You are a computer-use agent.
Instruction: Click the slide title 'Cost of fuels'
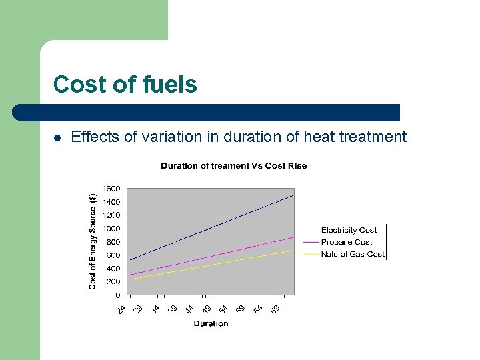(x=125, y=85)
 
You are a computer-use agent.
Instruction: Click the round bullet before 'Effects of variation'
(x=57, y=138)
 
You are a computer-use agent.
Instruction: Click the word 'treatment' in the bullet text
(x=373, y=137)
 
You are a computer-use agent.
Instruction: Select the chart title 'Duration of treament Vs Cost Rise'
(x=233, y=165)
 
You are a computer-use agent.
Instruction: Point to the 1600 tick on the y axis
(x=111, y=189)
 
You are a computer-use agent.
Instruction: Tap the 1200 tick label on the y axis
(x=111, y=215)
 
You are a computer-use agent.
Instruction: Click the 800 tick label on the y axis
(x=113, y=242)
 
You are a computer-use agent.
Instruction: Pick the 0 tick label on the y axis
(x=117, y=295)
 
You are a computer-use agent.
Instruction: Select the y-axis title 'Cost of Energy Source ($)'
(x=93, y=241)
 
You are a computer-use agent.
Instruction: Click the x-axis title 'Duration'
(x=211, y=323)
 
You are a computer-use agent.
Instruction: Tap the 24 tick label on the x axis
(x=121, y=309)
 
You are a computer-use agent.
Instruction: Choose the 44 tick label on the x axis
(x=189, y=309)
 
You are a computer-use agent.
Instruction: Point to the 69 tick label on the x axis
(x=275, y=309)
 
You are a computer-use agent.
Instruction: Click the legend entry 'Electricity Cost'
(x=349, y=230)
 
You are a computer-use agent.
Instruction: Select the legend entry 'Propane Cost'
(x=347, y=242)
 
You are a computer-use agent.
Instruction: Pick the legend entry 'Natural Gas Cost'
(x=353, y=254)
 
